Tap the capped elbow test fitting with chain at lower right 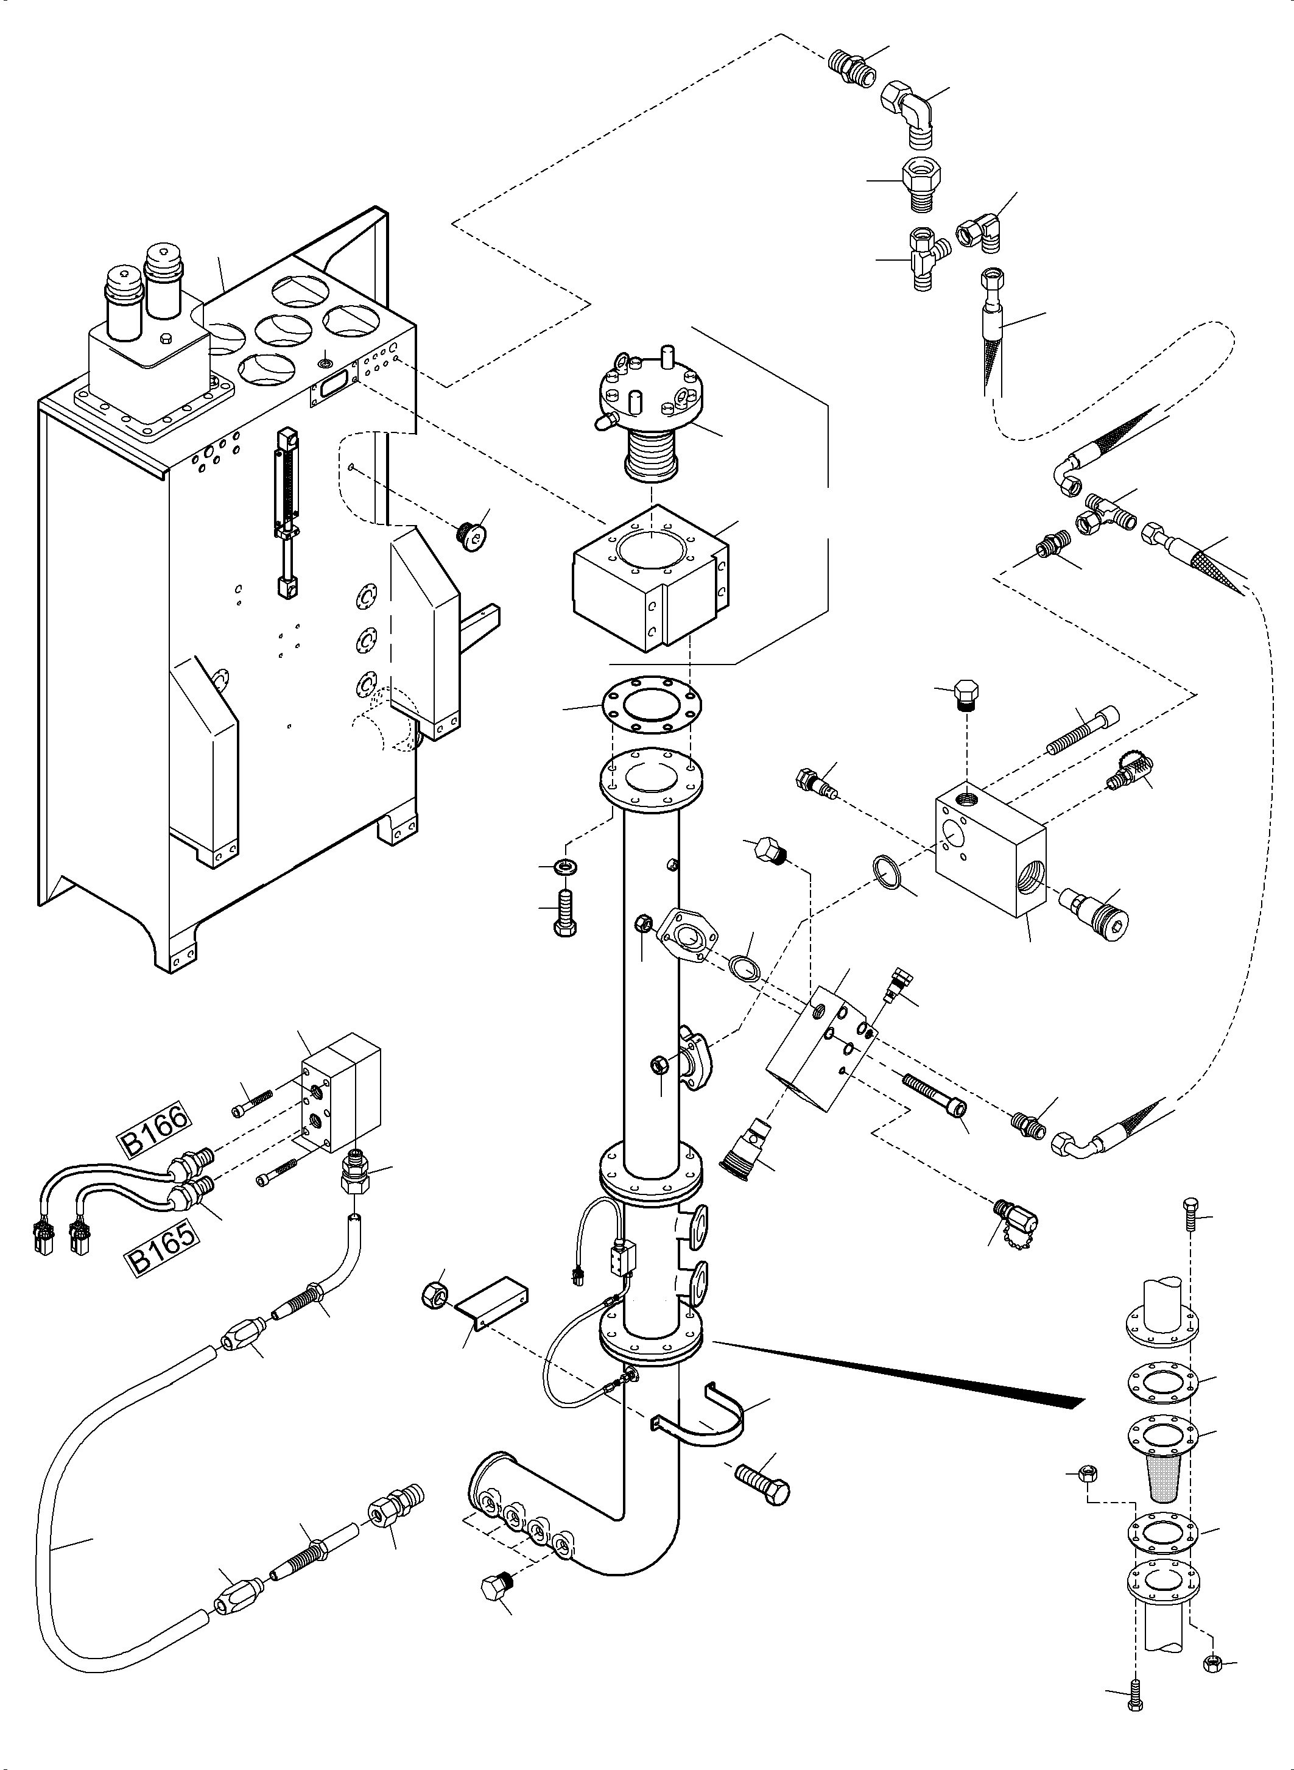[x=1018, y=1217]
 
